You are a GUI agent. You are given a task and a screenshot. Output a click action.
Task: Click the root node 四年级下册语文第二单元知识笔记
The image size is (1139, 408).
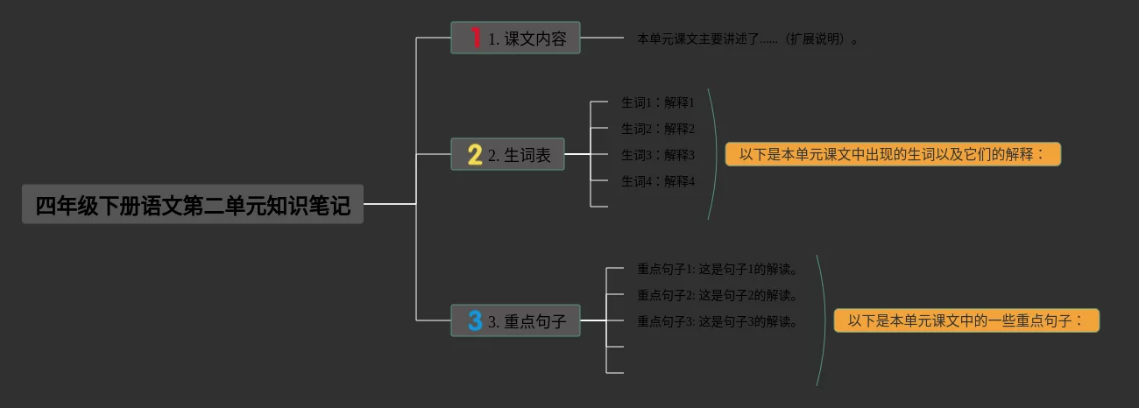tap(192, 205)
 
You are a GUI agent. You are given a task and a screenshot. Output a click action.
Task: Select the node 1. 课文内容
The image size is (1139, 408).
tap(515, 39)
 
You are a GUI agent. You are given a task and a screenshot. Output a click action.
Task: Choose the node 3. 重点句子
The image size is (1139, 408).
tap(515, 321)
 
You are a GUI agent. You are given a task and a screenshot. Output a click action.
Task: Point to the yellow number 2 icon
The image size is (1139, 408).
tap(475, 155)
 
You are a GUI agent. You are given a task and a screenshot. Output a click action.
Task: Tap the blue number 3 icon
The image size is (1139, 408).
tap(475, 321)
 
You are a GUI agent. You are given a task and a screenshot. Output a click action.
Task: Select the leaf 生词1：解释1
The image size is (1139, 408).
tap(657, 102)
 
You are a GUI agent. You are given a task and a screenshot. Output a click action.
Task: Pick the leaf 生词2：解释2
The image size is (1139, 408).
tap(657, 129)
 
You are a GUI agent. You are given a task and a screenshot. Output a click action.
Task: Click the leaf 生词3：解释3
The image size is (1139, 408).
tap(657, 155)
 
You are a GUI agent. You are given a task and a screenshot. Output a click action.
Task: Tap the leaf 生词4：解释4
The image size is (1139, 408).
tap(657, 181)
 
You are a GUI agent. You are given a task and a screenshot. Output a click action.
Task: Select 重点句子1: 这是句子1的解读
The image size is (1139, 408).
tap(718, 269)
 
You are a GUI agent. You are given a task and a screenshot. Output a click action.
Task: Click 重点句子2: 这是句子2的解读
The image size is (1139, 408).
tap(718, 295)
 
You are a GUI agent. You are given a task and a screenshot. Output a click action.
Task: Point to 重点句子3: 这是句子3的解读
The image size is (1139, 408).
tap(718, 321)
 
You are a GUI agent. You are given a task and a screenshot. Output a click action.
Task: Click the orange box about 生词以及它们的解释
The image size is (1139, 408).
tap(892, 155)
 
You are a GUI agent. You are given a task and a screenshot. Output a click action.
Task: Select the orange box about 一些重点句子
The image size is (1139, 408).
tap(966, 321)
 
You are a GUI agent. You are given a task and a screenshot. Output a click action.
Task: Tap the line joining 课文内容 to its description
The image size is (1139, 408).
tap(602, 39)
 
